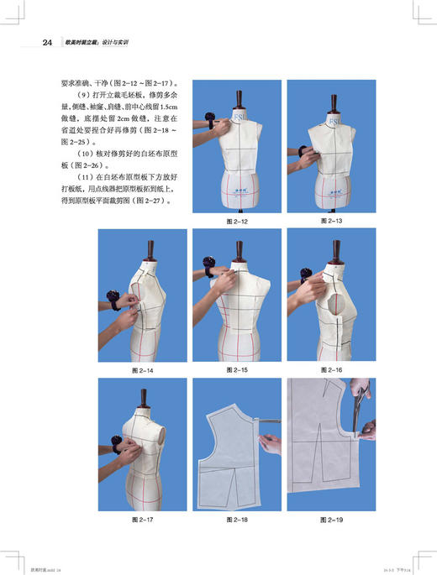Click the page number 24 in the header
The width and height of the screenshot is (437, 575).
point(48,41)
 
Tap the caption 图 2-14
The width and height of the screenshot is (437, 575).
point(144,369)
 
